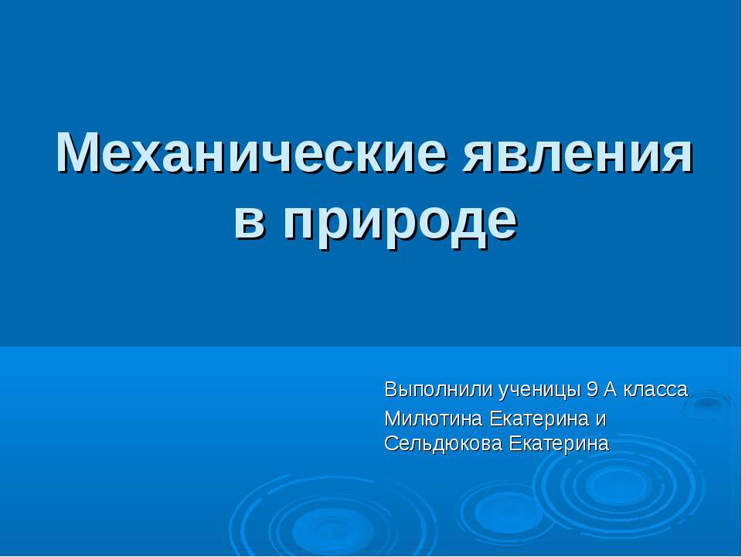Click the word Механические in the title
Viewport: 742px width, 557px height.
click(x=252, y=155)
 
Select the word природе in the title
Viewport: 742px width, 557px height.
click(x=399, y=220)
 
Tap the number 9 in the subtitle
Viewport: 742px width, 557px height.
click(x=592, y=389)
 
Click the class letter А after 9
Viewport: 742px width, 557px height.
click(x=609, y=389)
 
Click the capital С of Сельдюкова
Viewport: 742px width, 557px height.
click(x=390, y=444)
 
